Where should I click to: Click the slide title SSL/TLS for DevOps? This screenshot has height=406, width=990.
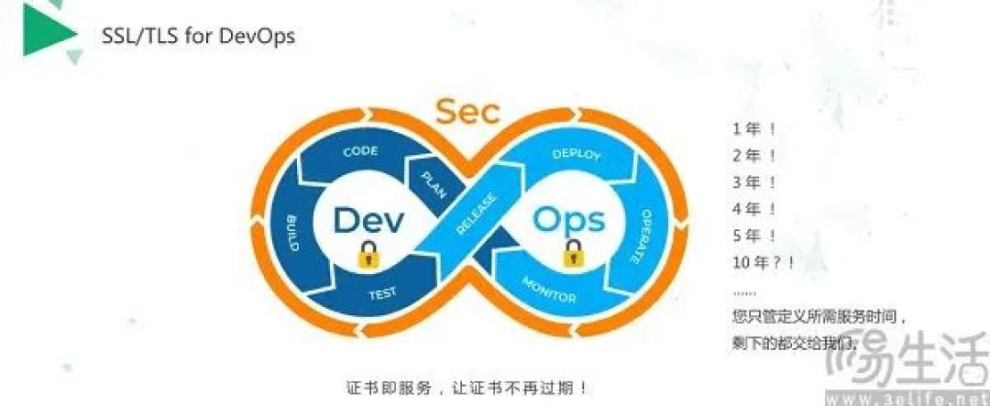click(198, 36)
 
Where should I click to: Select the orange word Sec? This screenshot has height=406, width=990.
click(468, 112)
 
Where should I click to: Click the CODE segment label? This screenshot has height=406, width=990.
click(360, 151)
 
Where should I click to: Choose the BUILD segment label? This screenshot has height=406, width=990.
click(292, 233)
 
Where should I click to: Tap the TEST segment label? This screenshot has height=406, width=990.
click(382, 294)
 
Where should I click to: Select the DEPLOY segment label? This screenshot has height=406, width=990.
click(577, 153)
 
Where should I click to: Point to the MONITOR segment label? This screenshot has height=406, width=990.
click(549, 290)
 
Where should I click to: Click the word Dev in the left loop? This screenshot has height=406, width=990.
click(368, 221)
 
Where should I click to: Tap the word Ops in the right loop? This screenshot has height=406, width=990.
click(568, 220)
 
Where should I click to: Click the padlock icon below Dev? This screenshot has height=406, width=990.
click(368, 255)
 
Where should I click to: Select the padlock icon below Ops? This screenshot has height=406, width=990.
click(573, 253)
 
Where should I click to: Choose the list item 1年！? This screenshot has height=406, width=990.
click(753, 129)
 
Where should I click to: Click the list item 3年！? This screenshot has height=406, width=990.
click(753, 182)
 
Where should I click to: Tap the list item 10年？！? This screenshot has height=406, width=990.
click(764, 263)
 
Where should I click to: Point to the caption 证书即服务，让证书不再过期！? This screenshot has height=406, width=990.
click(470, 387)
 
